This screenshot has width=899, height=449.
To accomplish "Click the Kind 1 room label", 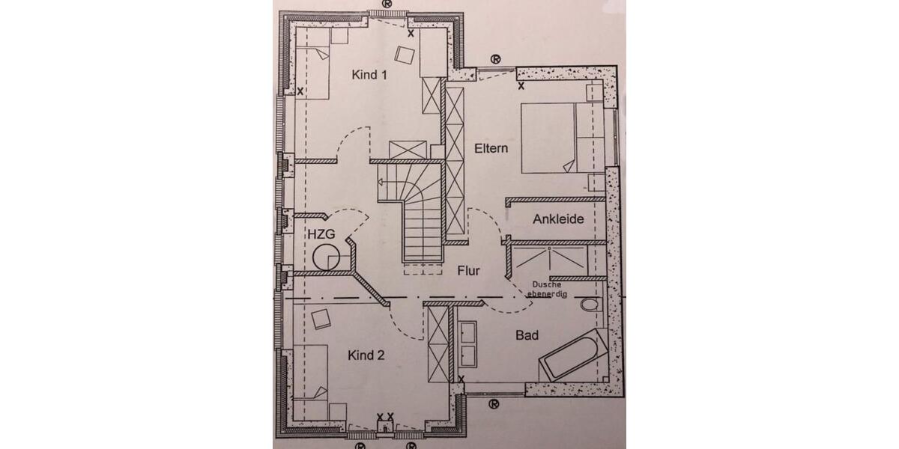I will coord(370,75).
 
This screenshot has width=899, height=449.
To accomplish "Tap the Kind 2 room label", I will coord(366,355).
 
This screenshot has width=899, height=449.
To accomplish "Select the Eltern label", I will coord(491,148).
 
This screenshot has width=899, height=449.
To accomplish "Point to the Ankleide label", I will coord(558,220).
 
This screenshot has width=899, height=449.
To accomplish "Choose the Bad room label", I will coord(527,336).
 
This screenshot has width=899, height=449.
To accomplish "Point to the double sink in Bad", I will coord(470,343).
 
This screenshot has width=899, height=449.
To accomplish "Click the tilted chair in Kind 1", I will coord(406,55).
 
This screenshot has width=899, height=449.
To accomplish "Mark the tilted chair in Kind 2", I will coord(323,318).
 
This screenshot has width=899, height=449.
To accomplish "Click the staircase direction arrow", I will coord(384,182).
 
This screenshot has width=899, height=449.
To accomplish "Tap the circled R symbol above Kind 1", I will coord(387,3).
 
